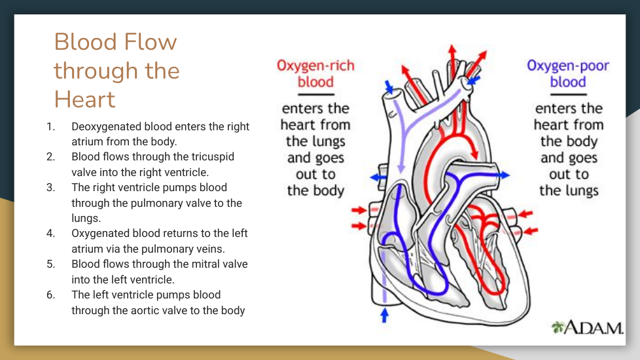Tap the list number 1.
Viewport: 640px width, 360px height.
[50, 126]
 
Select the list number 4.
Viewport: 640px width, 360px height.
[50, 233]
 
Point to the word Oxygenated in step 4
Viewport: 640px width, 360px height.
[99, 233]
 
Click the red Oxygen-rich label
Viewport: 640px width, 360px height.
[315, 66]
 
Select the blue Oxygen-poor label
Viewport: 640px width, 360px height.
[568, 66]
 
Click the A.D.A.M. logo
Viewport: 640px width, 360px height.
[587, 327]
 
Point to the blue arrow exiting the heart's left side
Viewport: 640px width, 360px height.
[378, 177]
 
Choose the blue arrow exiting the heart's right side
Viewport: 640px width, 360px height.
[503, 175]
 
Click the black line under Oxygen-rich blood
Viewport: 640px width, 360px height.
[315, 94]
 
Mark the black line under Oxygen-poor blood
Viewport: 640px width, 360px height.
[568, 94]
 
